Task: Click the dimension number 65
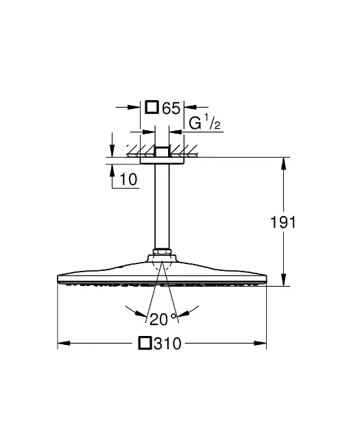click(x=171, y=108)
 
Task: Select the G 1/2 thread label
click(x=204, y=122)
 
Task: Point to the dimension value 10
click(x=128, y=180)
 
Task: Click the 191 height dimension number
click(x=283, y=222)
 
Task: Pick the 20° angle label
click(x=163, y=320)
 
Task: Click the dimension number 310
click(x=167, y=344)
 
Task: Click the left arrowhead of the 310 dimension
click(x=64, y=344)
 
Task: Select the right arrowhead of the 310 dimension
click(x=261, y=344)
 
